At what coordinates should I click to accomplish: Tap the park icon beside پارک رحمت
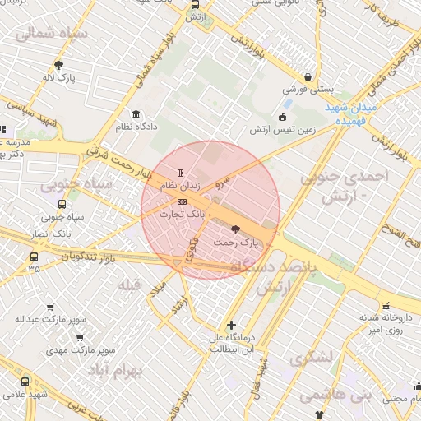coord(236,229)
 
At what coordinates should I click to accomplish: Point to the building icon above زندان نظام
coord(180,173)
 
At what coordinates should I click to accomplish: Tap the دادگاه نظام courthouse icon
coord(136,114)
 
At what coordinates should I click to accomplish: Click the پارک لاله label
coord(58,78)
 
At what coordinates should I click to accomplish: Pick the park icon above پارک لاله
coord(58,64)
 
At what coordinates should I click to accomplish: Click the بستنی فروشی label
coord(304,88)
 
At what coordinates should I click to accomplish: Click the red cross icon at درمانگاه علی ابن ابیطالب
coord(232,324)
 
